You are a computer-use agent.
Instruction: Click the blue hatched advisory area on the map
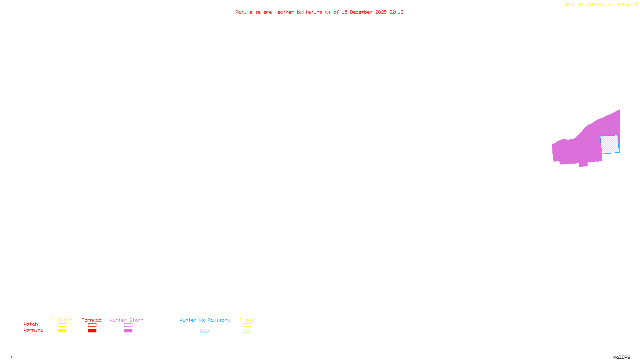610,144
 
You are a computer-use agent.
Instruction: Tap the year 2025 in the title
381,12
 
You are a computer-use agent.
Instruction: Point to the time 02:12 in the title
396,12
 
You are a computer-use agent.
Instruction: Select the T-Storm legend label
62,320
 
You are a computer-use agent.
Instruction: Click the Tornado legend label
92,320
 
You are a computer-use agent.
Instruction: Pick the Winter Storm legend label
126,320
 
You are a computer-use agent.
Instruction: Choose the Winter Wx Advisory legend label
205,320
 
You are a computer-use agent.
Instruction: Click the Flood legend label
247,320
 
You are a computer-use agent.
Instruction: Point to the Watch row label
31,324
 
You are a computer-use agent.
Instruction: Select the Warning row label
33,330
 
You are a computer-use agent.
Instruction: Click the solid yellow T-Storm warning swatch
62,331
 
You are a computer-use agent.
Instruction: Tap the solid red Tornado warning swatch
92,331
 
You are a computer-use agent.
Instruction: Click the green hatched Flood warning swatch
247,331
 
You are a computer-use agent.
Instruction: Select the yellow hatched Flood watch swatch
247,325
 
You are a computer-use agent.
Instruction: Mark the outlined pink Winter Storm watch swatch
128,325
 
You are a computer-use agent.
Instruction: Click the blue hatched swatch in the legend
204,331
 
